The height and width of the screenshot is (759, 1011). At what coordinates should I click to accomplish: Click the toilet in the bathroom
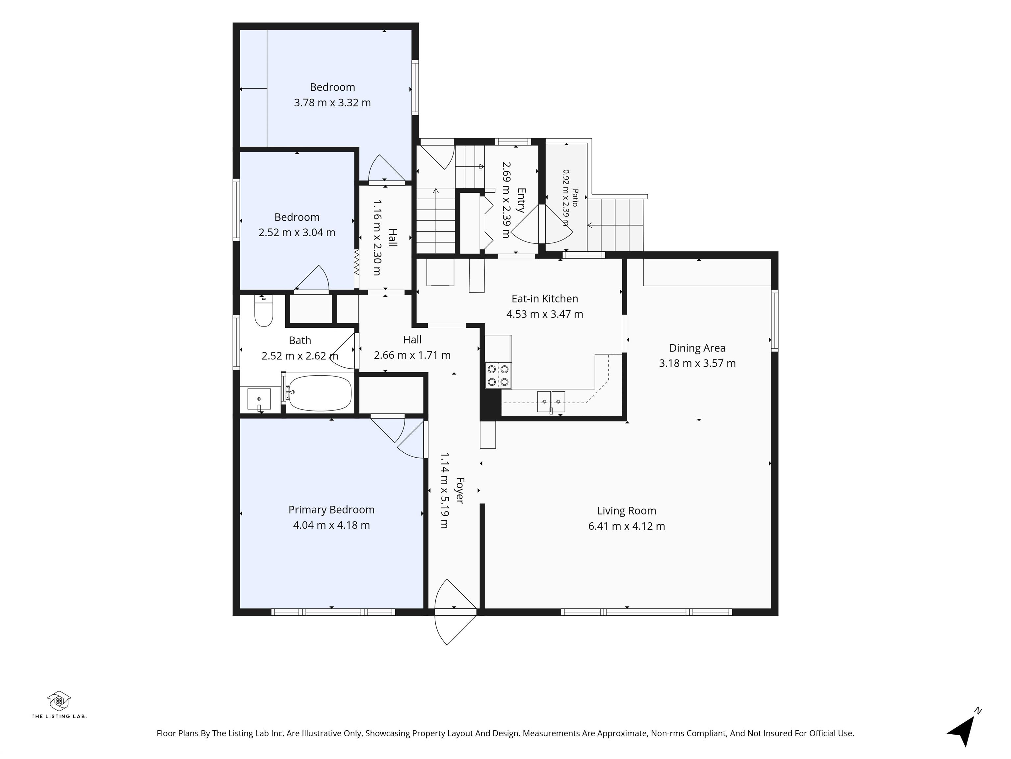[x=263, y=311]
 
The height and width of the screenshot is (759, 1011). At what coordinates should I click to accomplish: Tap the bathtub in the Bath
[x=320, y=393]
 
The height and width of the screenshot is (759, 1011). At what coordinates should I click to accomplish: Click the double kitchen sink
[x=551, y=402]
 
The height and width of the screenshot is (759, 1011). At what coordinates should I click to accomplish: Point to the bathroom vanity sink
[x=259, y=399]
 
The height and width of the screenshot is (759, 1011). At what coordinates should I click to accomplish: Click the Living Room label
[x=627, y=511]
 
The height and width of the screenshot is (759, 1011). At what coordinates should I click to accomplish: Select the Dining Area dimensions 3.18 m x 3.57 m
[x=697, y=363]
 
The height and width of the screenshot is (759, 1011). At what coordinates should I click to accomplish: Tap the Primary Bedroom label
[x=331, y=510]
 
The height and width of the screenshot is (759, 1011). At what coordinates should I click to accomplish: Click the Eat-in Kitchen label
[x=545, y=299]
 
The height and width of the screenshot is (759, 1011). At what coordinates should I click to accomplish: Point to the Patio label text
[x=575, y=198]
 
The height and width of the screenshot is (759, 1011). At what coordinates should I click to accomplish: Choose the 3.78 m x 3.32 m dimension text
[x=332, y=102]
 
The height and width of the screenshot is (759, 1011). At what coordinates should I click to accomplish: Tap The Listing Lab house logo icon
[x=59, y=701]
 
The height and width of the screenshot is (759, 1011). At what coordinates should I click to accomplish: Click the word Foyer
[x=460, y=491]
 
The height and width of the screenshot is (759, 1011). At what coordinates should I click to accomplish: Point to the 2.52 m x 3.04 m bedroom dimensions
[x=297, y=233]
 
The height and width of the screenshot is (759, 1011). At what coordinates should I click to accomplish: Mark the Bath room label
[x=300, y=340]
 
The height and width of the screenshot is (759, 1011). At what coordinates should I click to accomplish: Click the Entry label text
[x=521, y=200]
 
